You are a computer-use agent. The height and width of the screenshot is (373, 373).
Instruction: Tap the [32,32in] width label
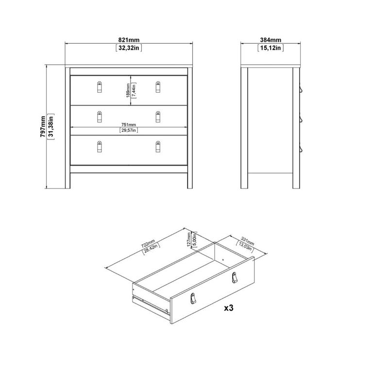(x=129, y=48)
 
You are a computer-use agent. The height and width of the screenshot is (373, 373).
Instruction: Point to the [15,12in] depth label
(x=271, y=48)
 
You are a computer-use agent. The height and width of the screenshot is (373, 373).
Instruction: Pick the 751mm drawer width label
(x=129, y=124)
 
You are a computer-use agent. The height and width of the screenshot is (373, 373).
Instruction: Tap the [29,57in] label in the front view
(x=129, y=130)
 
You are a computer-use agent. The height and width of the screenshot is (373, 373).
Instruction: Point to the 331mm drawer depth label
(x=247, y=241)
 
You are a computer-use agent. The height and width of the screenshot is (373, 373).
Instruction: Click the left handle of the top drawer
(x=100, y=86)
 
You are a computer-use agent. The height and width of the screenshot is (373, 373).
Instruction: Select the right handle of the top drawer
(x=158, y=86)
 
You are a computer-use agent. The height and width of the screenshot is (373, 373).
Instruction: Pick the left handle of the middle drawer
(x=100, y=117)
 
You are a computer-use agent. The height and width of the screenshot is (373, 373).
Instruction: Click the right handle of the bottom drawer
(x=158, y=147)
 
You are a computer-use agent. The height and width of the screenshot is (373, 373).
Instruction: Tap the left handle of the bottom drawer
(x=100, y=147)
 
